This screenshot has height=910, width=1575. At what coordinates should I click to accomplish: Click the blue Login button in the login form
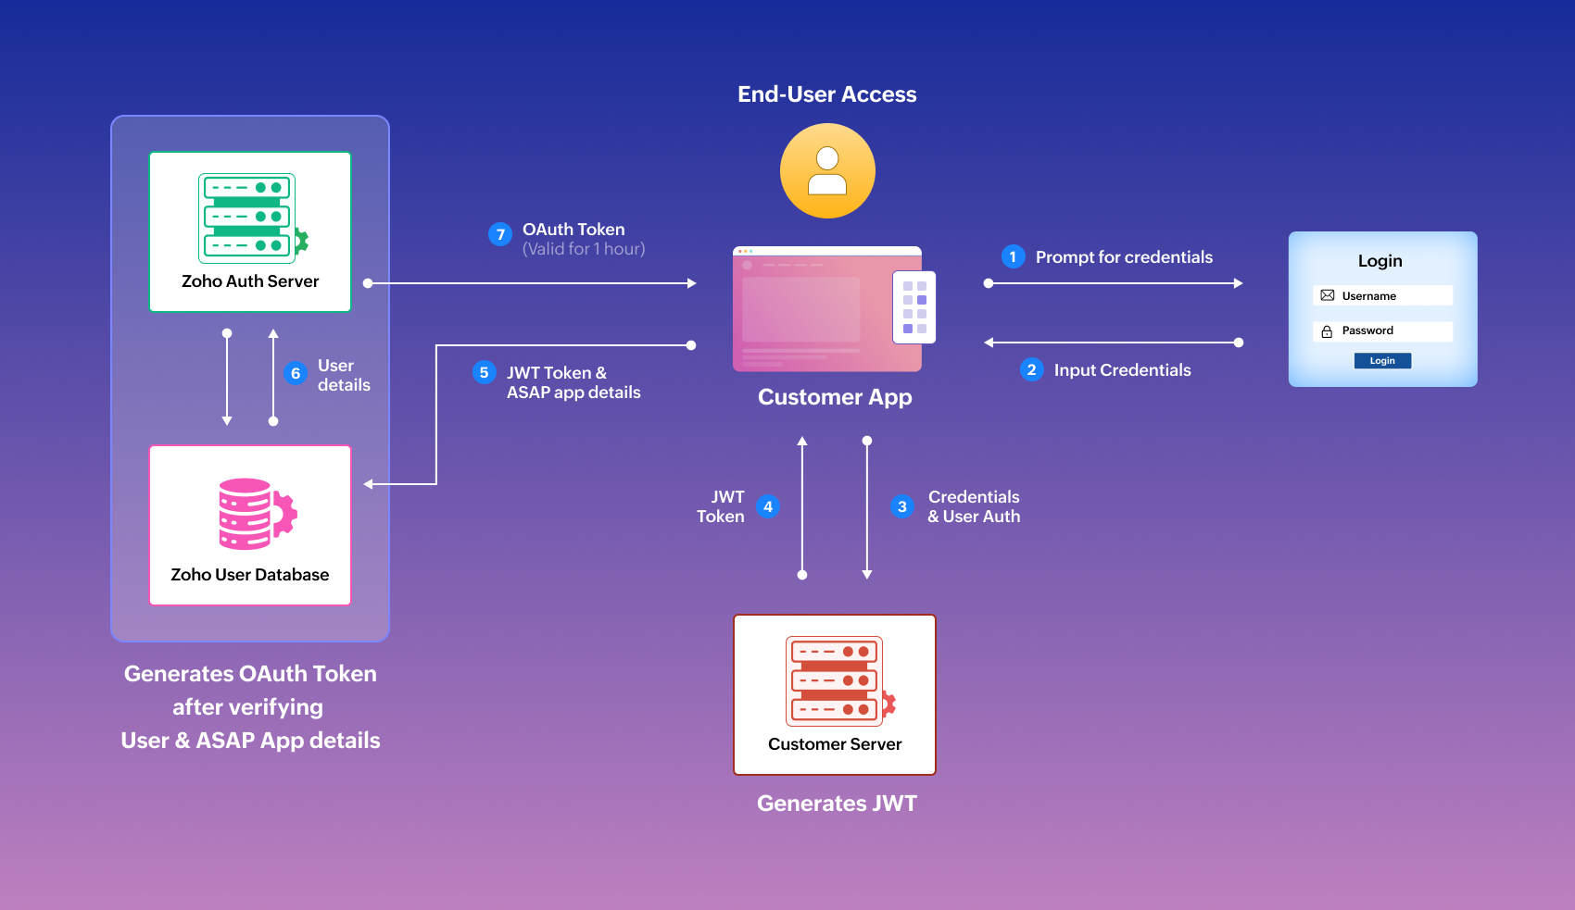[1382, 361]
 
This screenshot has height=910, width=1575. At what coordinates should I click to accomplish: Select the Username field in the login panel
[1382, 296]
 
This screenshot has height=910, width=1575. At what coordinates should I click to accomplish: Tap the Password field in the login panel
[1382, 331]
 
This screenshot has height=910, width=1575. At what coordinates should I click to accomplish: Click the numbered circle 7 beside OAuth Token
[500, 234]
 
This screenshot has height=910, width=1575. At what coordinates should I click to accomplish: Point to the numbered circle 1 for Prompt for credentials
[1013, 256]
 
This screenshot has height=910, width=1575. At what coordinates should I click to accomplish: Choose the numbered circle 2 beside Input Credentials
[1031, 369]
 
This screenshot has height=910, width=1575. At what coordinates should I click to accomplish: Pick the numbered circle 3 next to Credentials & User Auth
[901, 506]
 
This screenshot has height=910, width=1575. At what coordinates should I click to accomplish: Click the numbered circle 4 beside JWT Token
[768, 506]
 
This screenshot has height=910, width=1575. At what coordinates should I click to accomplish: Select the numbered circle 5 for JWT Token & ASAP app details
[484, 372]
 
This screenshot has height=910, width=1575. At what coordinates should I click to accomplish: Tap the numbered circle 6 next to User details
[296, 373]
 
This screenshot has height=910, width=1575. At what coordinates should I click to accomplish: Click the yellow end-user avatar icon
[827, 171]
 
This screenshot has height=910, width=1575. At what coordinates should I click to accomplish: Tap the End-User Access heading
[826, 94]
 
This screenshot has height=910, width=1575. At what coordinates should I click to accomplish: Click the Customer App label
[835, 397]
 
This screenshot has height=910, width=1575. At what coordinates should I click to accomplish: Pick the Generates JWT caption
[837, 804]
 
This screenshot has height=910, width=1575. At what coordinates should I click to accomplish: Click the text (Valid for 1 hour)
[584, 249]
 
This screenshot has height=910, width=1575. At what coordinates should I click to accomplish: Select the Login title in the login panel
[1380, 261]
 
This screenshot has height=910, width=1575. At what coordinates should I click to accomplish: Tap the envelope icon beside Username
[1328, 295]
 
